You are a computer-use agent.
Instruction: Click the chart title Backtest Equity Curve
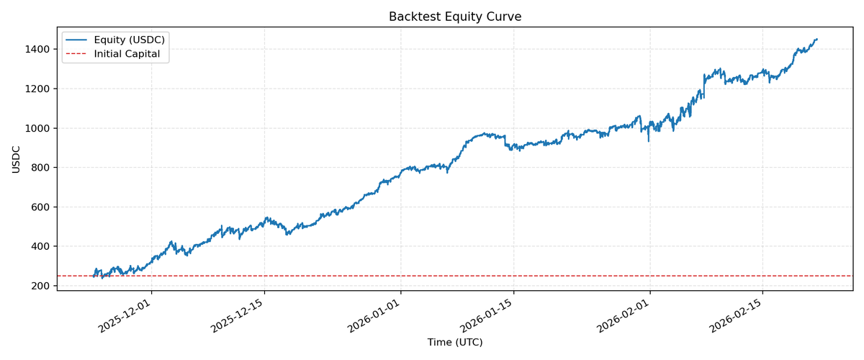click(x=454, y=17)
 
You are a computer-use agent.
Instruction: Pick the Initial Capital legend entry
click(x=127, y=54)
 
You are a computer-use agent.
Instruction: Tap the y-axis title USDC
click(x=16, y=159)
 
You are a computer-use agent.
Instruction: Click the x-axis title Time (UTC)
click(x=454, y=342)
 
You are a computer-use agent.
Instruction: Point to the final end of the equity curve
click(x=816, y=40)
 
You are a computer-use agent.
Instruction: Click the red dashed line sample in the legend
click(x=78, y=54)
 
